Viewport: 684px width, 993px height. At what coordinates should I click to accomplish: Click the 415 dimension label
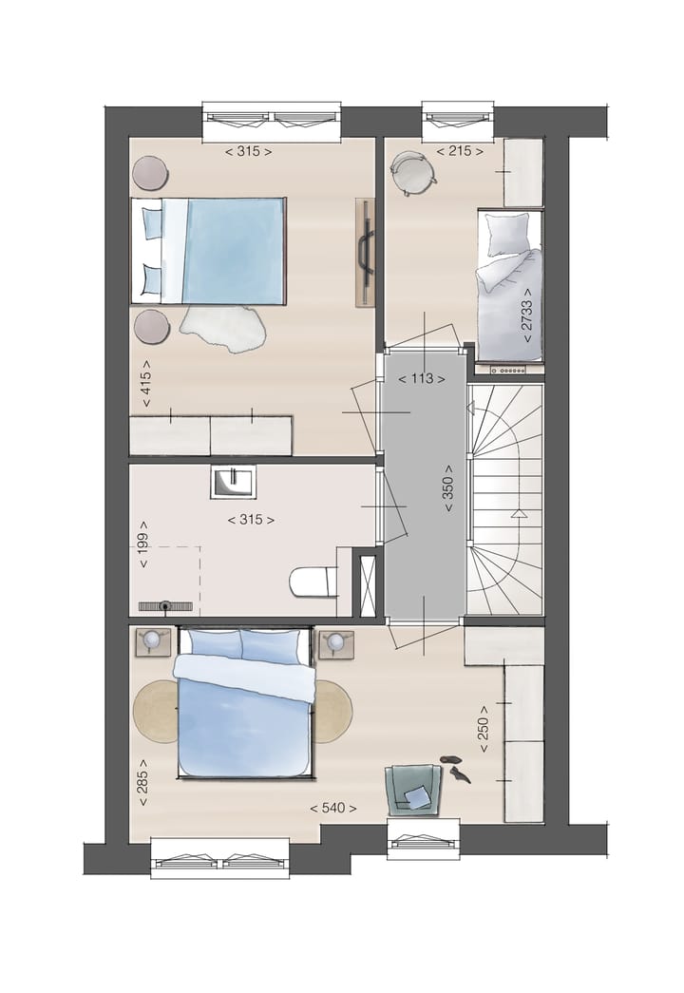pos(146,384)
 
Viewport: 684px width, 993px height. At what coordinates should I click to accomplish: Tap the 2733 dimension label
pos(526,315)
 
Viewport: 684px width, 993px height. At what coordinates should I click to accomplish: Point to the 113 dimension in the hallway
pos(422,378)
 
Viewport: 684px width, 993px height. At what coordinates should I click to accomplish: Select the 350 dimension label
pos(447,493)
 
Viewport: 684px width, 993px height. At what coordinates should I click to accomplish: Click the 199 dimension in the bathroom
pos(144,544)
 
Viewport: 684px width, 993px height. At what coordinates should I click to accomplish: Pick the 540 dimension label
pos(333,809)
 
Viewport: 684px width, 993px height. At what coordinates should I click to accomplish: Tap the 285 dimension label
pos(144,782)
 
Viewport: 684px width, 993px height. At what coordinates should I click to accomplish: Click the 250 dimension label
pos(484,729)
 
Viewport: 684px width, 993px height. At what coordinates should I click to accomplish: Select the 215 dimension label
pos(460,151)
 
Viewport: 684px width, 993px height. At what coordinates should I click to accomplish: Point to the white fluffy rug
pos(222,327)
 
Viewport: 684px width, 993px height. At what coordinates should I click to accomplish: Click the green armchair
pos(413,789)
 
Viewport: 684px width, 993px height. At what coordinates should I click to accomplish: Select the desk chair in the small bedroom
pos(413,172)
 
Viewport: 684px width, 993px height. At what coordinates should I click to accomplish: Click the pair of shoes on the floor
pos(455,768)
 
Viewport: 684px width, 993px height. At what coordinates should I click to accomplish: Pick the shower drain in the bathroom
pos(165,605)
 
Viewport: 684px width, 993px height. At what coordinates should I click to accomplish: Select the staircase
pos(504,499)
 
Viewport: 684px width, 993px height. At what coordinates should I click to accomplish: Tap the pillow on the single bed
pos(508,233)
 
